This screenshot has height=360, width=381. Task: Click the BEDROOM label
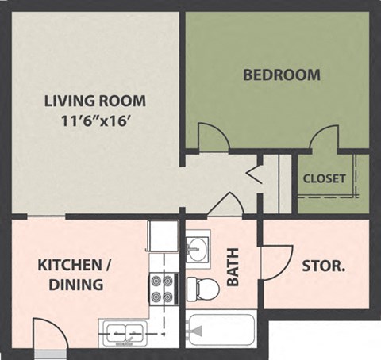[281, 75]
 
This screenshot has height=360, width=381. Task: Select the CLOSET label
[324, 178]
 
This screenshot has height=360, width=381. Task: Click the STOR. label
[323, 266]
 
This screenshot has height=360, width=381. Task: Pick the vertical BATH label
[234, 269]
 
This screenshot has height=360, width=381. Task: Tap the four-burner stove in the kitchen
[162, 289]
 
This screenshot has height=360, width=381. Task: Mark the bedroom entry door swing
[212, 137]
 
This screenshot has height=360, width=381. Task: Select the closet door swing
[325, 137]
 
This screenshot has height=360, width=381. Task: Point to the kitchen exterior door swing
[48, 334]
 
